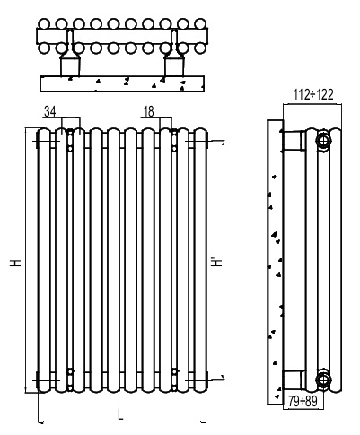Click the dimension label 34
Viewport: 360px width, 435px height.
tap(50, 112)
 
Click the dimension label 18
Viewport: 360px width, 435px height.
tap(148, 111)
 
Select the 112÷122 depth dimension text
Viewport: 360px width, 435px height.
tap(312, 95)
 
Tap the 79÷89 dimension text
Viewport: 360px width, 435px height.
tap(303, 401)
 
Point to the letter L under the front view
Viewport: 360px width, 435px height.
tap(120, 414)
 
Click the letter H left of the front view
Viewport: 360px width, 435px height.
tap(16, 263)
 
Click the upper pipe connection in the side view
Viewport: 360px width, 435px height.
tap(323, 140)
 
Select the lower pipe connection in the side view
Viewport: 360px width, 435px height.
tap(323, 379)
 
